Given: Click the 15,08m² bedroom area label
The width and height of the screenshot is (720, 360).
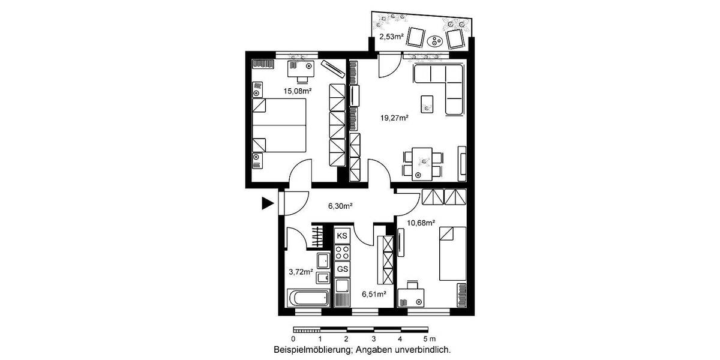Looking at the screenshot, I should (x=297, y=91).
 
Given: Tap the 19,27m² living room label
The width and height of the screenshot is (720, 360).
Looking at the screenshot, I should (x=394, y=118).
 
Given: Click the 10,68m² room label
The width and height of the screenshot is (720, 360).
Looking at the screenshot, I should (x=419, y=223).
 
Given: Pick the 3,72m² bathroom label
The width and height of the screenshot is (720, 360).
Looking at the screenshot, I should (x=301, y=272).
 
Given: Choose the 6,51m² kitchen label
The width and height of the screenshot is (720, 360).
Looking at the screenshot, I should (x=373, y=294).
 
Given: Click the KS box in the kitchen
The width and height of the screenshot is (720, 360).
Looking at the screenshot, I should (x=343, y=235).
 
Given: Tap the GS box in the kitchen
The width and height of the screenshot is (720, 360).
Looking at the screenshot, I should (x=343, y=269).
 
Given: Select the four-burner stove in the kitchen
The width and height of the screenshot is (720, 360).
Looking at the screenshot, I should (x=343, y=252).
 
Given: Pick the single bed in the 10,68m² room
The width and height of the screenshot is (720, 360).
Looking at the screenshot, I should (x=454, y=253).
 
